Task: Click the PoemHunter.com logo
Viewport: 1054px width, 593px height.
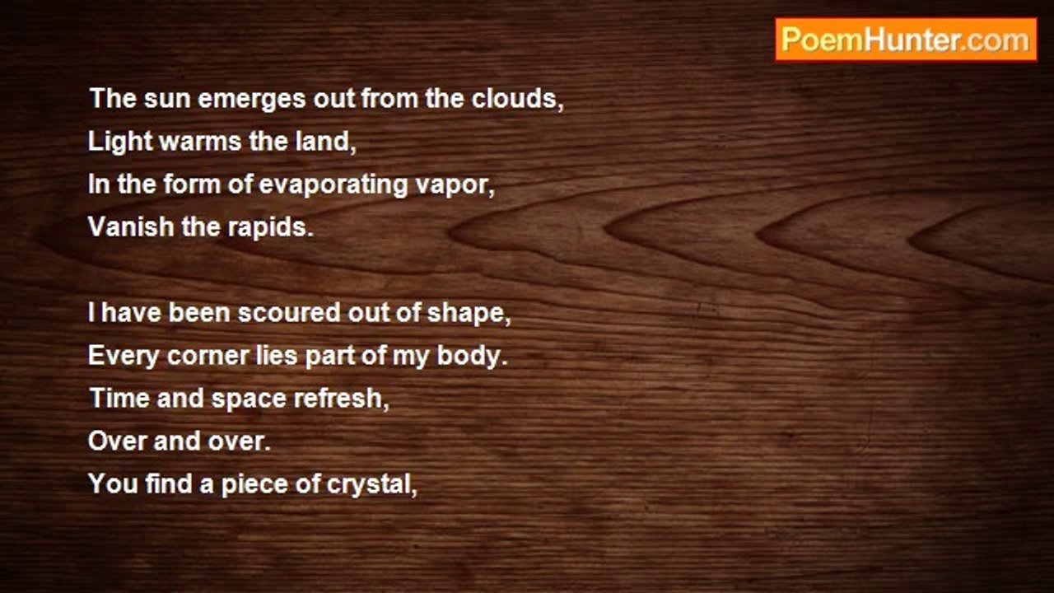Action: click(x=906, y=40)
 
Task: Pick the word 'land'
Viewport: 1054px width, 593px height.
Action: click(x=322, y=141)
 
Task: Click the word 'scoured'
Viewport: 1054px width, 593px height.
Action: click(x=289, y=312)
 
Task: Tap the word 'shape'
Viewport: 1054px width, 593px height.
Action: click(x=465, y=314)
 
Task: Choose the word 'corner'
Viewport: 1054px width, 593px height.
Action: click(x=208, y=357)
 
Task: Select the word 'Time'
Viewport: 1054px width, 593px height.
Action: click(x=119, y=398)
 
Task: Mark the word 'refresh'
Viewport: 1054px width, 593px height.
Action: click(x=338, y=398)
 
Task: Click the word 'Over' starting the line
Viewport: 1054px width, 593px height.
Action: click(x=117, y=441)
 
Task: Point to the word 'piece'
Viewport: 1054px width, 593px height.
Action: click(x=254, y=485)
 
